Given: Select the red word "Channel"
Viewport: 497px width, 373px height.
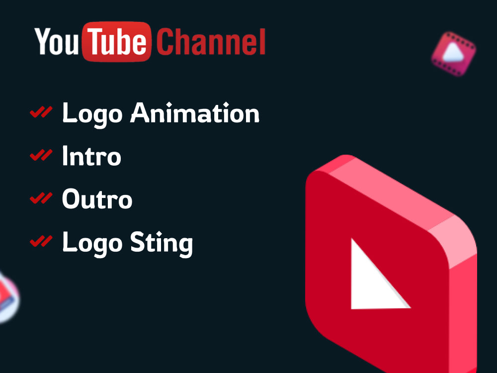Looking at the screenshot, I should (x=212, y=42).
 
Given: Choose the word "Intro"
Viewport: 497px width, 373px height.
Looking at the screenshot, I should (x=91, y=157).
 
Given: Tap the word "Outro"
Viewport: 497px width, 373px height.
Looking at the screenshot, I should (x=97, y=199).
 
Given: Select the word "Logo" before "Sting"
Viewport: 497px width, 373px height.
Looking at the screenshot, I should (x=92, y=244).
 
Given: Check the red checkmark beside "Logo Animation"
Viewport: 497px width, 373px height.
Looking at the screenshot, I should (x=41, y=113).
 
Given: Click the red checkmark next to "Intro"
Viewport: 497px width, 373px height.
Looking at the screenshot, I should (x=41, y=156).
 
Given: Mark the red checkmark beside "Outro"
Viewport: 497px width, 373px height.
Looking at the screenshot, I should (x=41, y=198).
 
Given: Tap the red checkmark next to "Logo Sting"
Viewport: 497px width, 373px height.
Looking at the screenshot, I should (x=41, y=241).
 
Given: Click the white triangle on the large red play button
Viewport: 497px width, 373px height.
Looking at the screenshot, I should (x=373, y=279).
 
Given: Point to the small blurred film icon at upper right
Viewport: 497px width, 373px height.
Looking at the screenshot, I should (x=453, y=54).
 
